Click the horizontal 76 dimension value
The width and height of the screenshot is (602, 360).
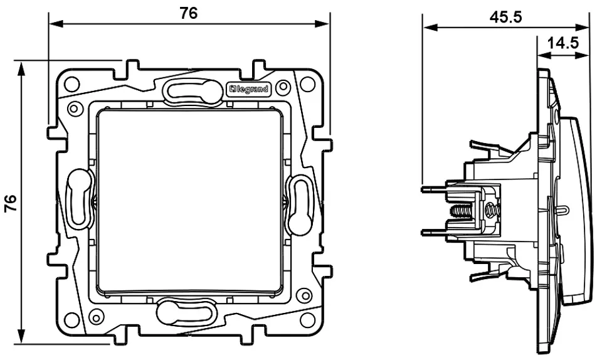(189, 13)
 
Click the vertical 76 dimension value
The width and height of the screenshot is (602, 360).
(11, 203)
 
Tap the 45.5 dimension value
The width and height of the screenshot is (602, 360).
(505, 18)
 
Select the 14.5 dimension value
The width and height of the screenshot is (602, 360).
(562, 43)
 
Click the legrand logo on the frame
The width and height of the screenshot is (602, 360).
(249, 90)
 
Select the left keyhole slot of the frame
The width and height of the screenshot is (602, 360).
(80, 196)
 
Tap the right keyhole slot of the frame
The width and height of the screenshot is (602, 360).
(300, 204)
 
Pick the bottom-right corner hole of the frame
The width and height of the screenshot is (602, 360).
(307, 320)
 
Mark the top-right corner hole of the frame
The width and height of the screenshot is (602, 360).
(307, 83)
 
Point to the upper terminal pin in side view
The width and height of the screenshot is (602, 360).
(434, 189)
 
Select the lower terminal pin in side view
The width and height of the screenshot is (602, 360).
(434, 232)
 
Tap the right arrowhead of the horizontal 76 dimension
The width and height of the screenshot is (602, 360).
(322, 24)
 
